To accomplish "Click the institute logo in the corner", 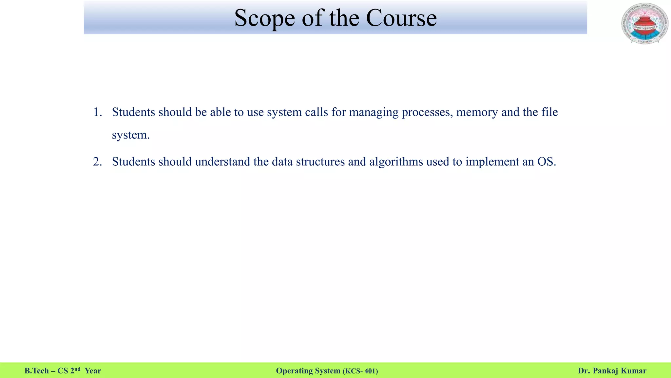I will tap(644, 24).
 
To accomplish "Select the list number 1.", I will tap(97, 112).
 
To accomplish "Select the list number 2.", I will tap(97, 162).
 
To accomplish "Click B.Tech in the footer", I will tap(36, 371).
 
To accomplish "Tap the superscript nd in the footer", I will tap(77, 369).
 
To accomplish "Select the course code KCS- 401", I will tap(360, 371).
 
